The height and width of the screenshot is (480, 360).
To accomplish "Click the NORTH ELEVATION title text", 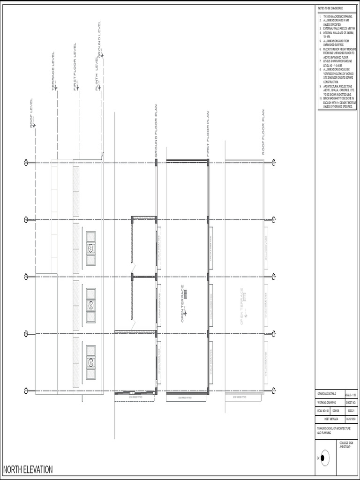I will pyautogui.click(x=28, y=470).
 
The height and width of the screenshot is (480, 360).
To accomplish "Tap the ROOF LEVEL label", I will pyautogui.click(x=32, y=112).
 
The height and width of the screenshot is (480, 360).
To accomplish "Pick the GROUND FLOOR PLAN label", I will pyautogui.click(x=156, y=131).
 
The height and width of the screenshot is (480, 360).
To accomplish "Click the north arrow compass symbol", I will pyautogui.click(x=324, y=458).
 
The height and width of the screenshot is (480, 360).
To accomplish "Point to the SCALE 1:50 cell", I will pyautogui.click(x=351, y=394).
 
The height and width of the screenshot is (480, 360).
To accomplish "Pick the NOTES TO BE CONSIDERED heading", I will pyautogui.click(x=330, y=8).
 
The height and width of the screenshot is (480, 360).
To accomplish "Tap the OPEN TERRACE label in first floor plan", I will pyautogui.click(x=183, y=304).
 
